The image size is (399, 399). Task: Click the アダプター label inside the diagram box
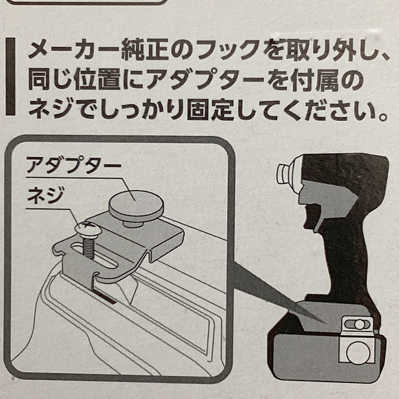(73, 166)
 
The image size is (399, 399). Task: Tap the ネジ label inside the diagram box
(46, 196)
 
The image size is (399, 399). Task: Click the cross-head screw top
(88, 229)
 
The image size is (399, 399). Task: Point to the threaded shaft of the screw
(88, 247)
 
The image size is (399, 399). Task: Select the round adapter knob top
(135, 202)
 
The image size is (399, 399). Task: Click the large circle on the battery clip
(358, 353)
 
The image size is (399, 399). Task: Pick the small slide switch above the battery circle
(357, 324)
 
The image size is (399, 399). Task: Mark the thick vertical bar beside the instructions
(10, 77)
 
